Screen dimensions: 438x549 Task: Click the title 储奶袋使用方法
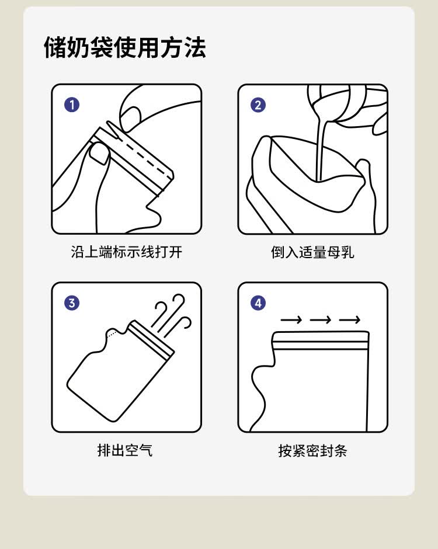click(x=124, y=47)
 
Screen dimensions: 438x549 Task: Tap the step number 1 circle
click(x=72, y=105)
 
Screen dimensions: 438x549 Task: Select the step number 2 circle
click(x=258, y=105)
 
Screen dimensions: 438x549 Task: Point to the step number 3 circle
click(x=72, y=303)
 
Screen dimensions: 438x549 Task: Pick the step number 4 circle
click(x=258, y=303)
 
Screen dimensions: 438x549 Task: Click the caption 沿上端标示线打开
click(x=126, y=252)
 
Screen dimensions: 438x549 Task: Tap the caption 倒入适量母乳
click(x=312, y=252)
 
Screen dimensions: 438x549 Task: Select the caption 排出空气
click(x=125, y=450)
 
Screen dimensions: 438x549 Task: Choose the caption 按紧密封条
click(x=312, y=450)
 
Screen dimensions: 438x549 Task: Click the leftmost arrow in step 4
click(x=291, y=319)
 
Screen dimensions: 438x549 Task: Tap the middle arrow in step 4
click(x=321, y=319)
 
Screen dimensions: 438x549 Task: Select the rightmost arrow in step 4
click(x=349, y=319)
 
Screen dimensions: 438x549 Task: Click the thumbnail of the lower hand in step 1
click(x=99, y=154)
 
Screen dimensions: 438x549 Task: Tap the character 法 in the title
click(x=195, y=47)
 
